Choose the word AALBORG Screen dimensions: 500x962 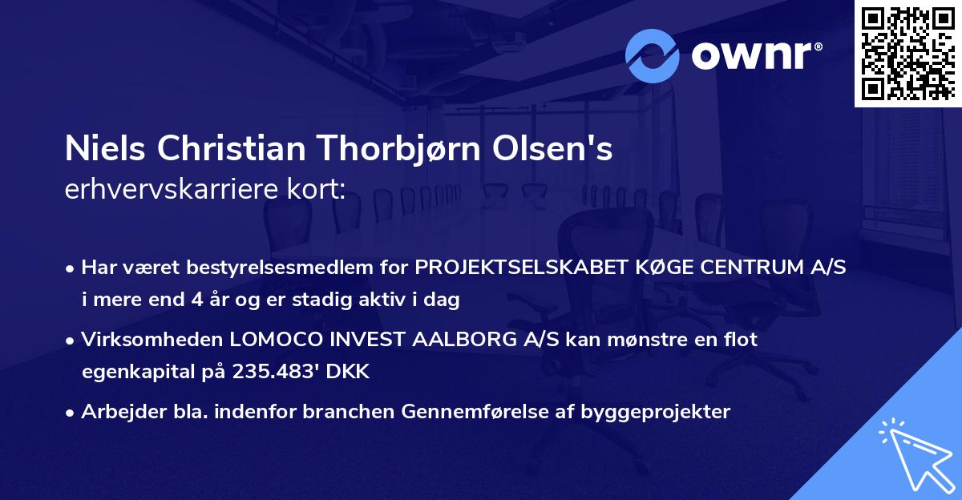[x=457, y=340]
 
